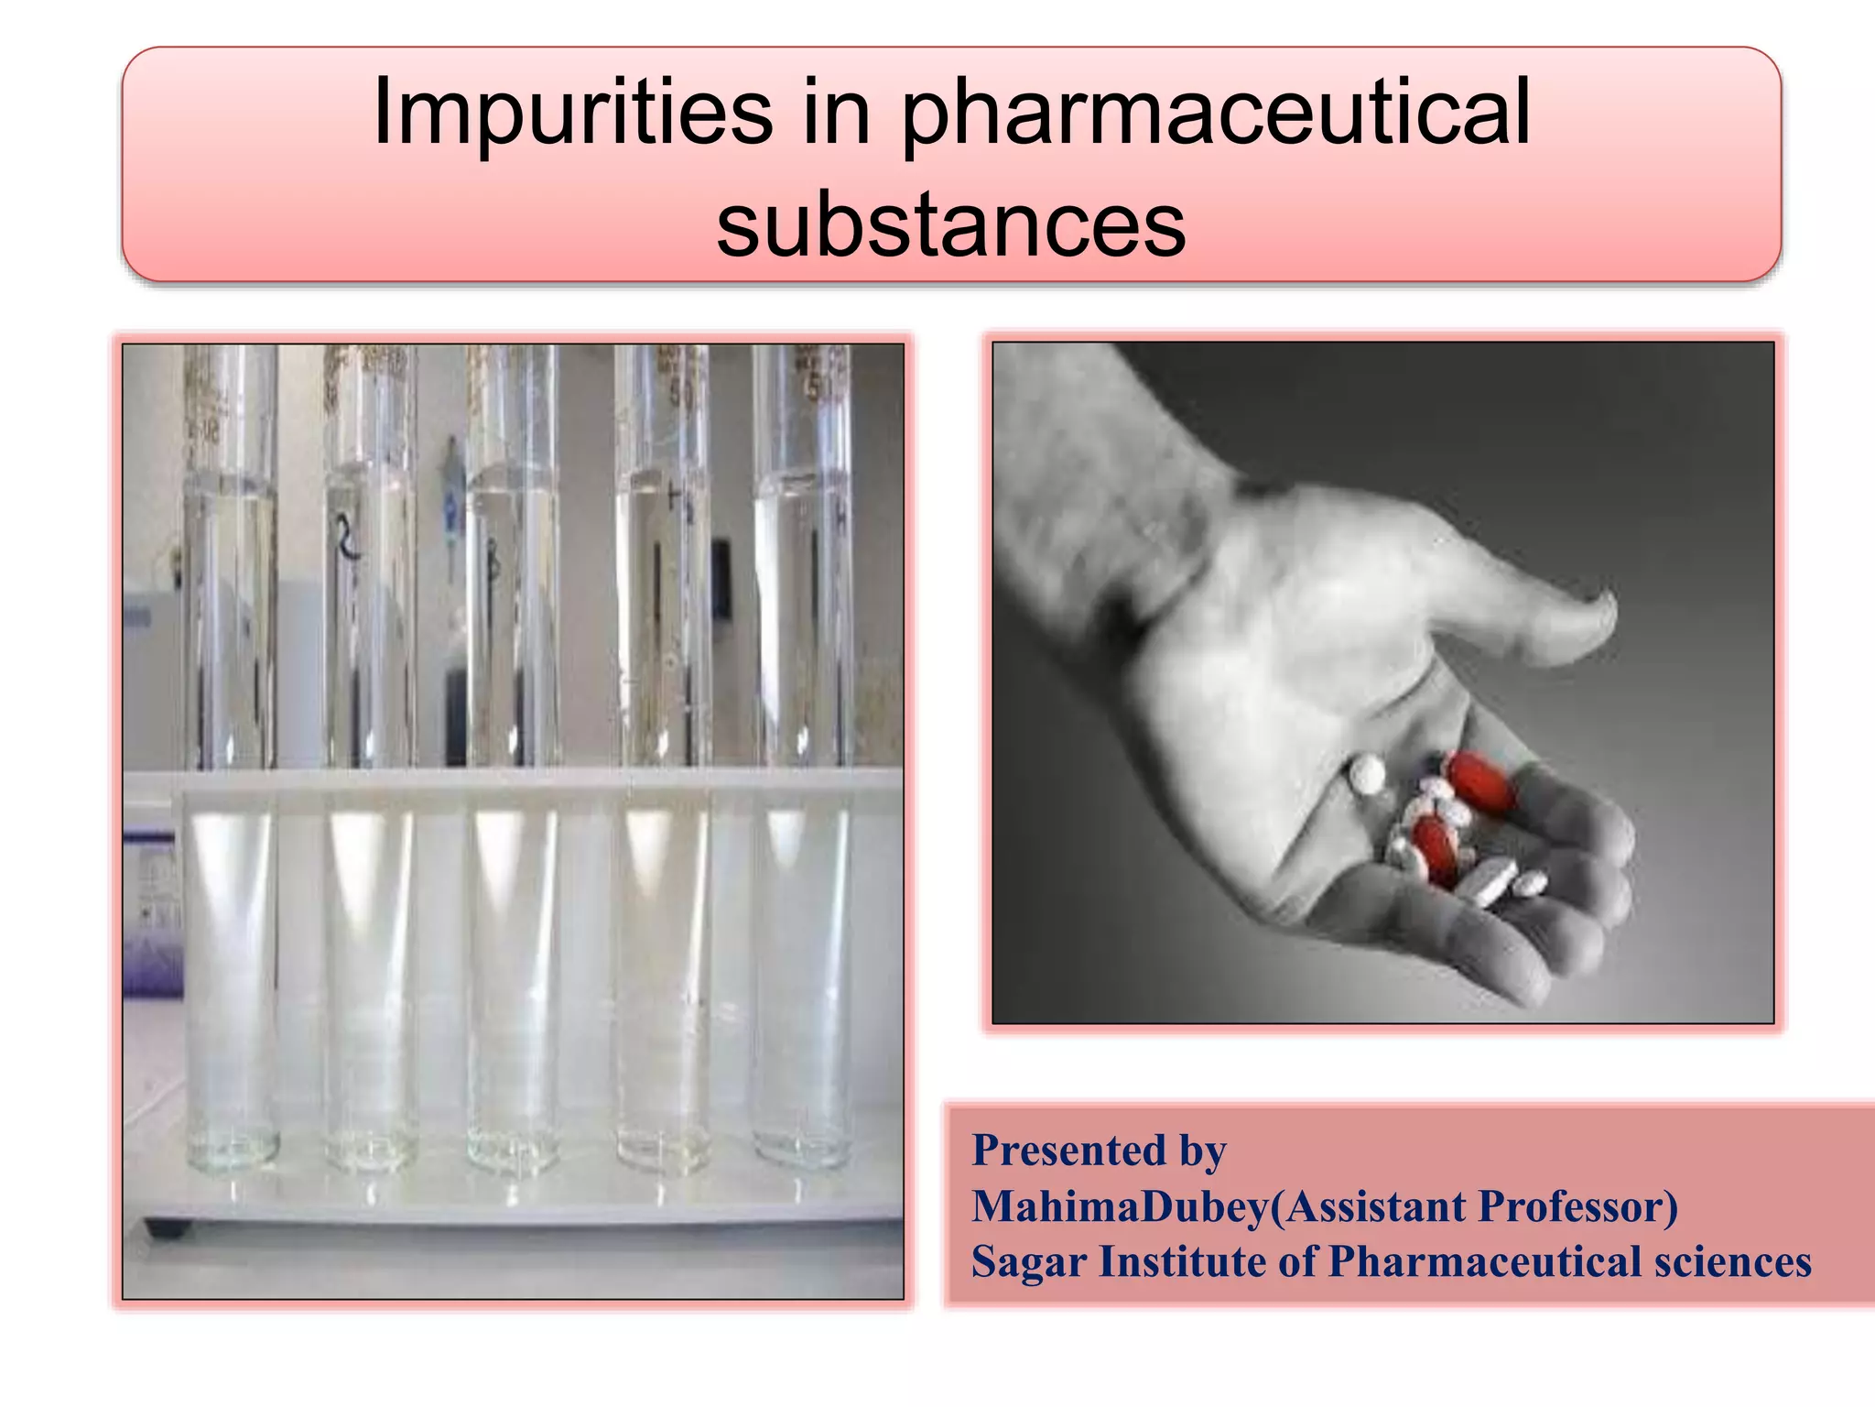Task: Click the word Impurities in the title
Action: coord(572,114)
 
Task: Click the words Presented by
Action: coord(1099,1151)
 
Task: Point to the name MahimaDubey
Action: coord(1120,1207)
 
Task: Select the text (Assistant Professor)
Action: coord(1474,1206)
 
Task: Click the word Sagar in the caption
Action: coord(1027,1262)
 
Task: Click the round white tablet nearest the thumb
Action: coord(1368,775)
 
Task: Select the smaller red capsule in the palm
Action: coord(1433,847)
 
